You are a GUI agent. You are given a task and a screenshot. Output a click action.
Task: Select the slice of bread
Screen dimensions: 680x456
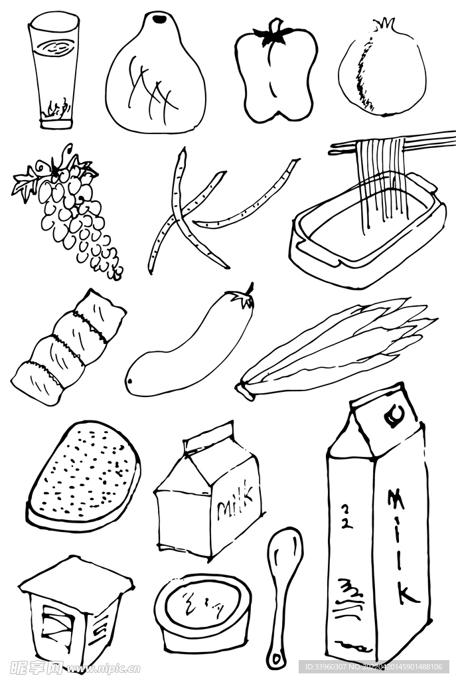click(83, 475)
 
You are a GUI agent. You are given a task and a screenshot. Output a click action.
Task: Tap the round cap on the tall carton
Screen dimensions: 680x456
click(391, 417)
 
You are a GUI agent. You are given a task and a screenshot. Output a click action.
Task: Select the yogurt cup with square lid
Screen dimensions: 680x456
click(73, 611)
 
